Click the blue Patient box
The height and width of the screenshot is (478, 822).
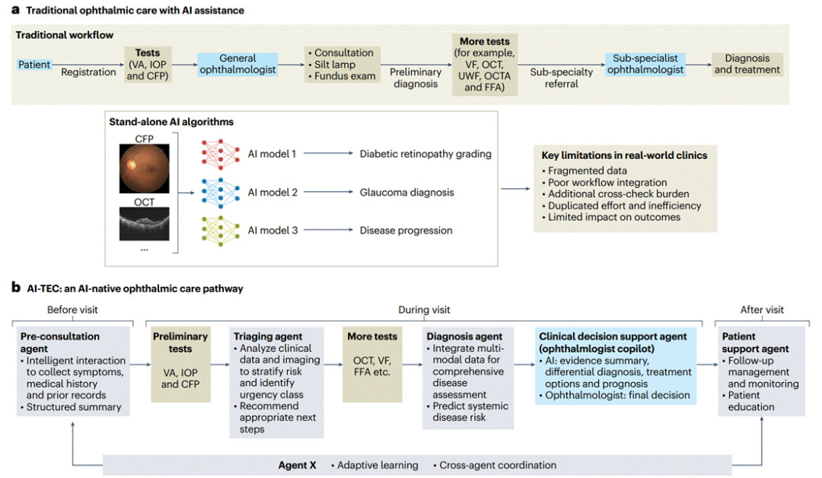[x=34, y=65]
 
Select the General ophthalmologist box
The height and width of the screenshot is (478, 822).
[x=237, y=64]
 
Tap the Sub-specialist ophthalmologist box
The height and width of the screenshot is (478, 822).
[x=645, y=64]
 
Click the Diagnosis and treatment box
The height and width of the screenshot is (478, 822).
[x=747, y=64]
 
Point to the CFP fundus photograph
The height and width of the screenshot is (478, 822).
[x=144, y=169]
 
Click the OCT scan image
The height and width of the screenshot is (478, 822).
[x=144, y=224]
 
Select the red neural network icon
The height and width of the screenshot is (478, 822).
[x=220, y=154]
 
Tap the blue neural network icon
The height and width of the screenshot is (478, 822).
[x=220, y=193]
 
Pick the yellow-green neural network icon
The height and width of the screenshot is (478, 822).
[x=220, y=231]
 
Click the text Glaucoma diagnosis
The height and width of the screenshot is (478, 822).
[x=406, y=193]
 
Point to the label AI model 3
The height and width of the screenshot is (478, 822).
[x=272, y=231]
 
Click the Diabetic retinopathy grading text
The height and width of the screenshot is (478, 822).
[x=425, y=154]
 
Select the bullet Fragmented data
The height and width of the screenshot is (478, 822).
[x=584, y=170]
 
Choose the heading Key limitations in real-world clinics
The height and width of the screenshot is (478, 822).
[x=624, y=155]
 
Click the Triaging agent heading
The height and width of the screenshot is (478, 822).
[x=268, y=336]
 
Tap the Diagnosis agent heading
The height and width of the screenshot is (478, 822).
[x=464, y=336]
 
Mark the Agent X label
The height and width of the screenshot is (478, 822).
[x=298, y=465]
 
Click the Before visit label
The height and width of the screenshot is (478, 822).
[x=72, y=310]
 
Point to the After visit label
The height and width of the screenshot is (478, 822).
[x=762, y=310]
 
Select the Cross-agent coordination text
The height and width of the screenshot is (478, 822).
[x=495, y=465]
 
